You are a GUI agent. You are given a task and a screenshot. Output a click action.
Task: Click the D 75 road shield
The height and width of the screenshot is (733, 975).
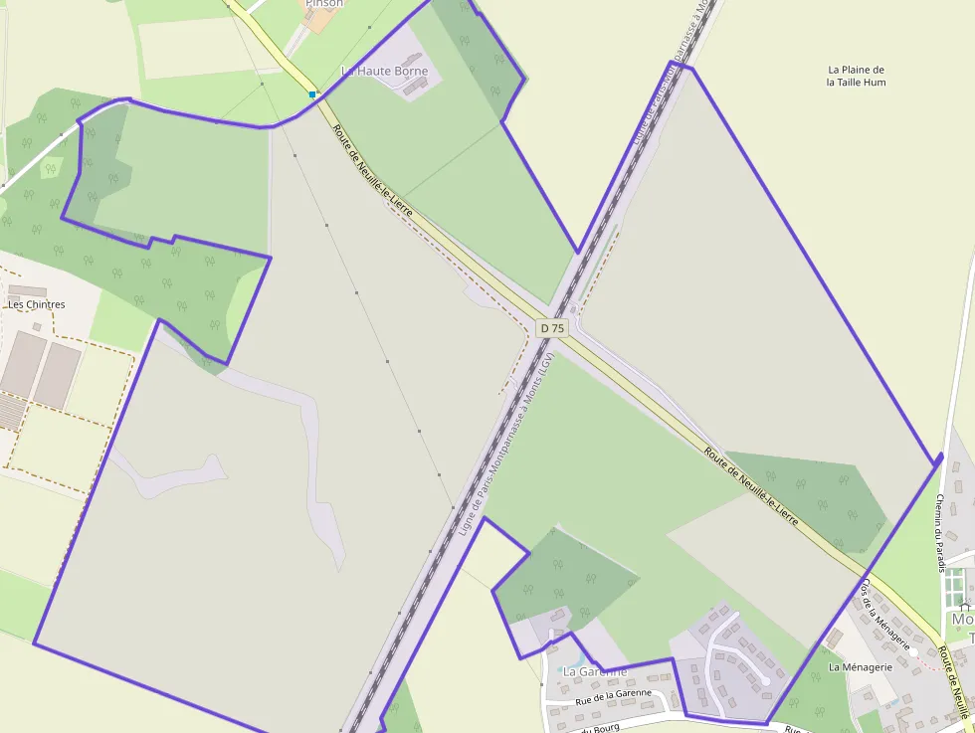click(551, 327)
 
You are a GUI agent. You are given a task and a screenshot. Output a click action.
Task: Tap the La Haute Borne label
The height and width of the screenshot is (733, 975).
click(385, 72)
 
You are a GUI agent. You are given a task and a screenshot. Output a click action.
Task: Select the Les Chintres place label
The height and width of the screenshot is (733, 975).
click(37, 304)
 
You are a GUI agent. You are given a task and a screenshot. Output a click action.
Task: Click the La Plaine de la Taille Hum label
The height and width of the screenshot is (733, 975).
click(856, 76)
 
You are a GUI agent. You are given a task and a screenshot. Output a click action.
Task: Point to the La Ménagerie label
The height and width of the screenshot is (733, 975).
click(861, 666)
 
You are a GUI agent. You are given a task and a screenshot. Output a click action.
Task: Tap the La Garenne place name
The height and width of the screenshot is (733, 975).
click(595, 671)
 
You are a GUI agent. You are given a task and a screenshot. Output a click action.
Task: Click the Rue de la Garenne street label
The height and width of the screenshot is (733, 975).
click(613, 696)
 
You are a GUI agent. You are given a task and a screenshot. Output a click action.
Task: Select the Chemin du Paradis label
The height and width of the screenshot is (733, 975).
click(939, 533)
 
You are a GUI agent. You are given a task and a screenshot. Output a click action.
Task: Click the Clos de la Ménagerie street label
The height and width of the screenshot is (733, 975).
click(885, 615)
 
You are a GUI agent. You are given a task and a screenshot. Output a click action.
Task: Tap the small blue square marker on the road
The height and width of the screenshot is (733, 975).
click(312, 94)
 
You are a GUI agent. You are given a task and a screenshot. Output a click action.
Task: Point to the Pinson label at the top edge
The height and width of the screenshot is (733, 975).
click(324, 4)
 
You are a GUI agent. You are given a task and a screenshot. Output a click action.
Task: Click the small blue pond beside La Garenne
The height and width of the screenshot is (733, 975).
click(570, 659)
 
